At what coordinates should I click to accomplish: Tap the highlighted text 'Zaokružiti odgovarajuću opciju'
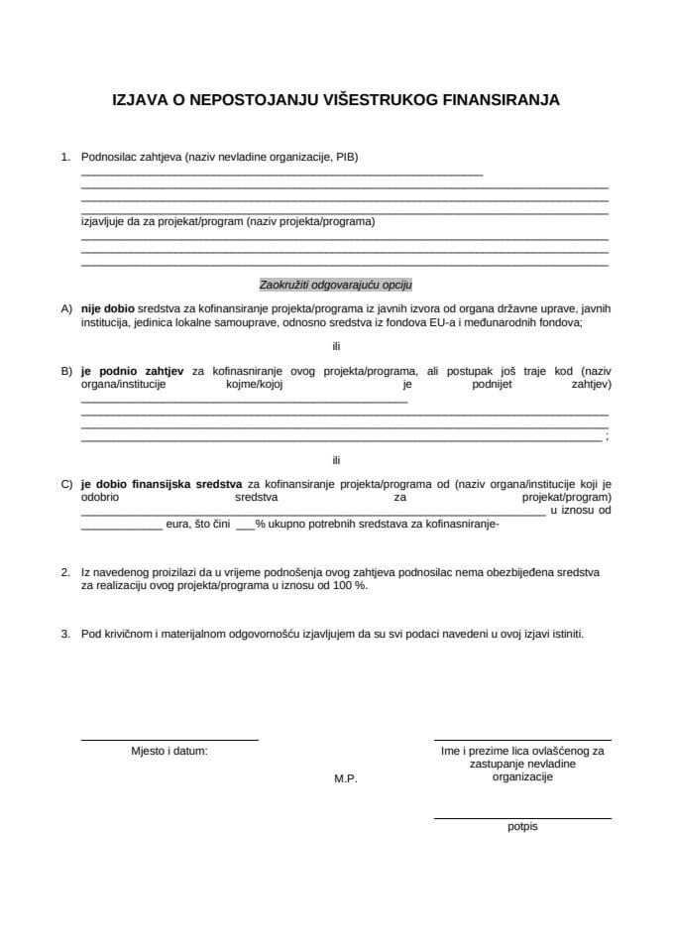tap(335, 283)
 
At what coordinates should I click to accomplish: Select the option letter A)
tap(66, 308)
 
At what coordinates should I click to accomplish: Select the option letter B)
tap(66, 371)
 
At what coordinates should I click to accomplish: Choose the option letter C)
tap(66, 484)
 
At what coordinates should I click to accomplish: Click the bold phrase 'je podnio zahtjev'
tap(131, 371)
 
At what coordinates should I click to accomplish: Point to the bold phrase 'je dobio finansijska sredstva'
tap(163, 484)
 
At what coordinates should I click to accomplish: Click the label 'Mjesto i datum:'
tap(169, 752)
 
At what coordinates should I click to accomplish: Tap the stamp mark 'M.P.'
tap(345, 779)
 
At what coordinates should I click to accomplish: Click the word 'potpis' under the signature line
tap(522, 826)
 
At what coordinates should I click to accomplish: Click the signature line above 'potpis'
tap(522, 818)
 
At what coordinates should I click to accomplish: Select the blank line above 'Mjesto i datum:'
tap(168, 740)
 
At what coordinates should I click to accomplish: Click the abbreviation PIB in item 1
tap(346, 157)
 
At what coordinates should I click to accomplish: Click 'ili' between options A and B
tap(336, 346)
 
